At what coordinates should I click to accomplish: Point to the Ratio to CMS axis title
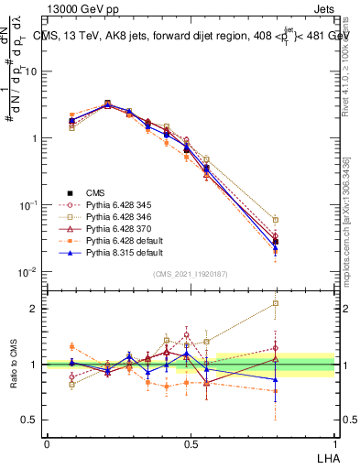click(x=15, y=366)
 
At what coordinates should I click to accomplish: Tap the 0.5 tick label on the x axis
click(x=190, y=444)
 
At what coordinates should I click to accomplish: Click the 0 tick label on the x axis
click(x=47, y=444)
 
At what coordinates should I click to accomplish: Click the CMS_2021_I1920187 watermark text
click(x=190, y=275)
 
